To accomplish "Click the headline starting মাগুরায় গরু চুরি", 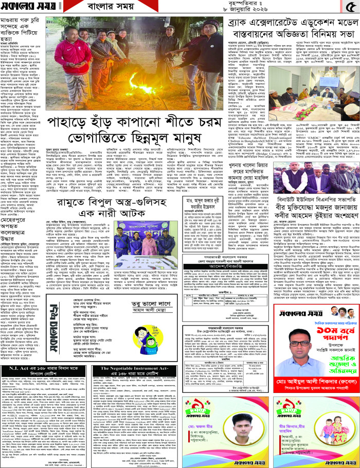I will (x=22, y=38).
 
